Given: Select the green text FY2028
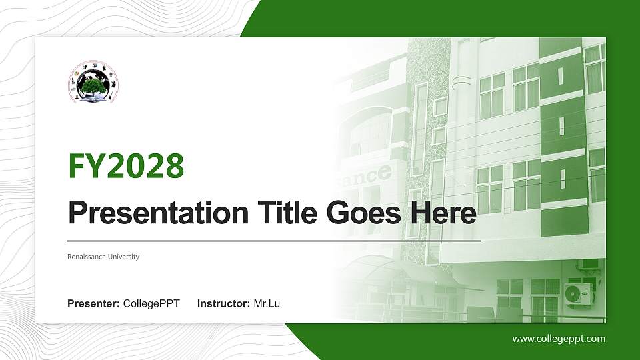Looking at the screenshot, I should click(126, 166).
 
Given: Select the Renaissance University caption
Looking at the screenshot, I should click(103, 257).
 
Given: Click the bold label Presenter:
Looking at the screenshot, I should click(93, 304).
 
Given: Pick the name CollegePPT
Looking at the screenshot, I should click(151, 304).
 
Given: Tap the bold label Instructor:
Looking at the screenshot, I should click(224, 304).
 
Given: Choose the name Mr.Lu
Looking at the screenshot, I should click(267, 304).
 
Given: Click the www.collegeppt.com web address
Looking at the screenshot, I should click(559, 339).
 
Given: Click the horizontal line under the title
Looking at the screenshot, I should click(273, 240).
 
